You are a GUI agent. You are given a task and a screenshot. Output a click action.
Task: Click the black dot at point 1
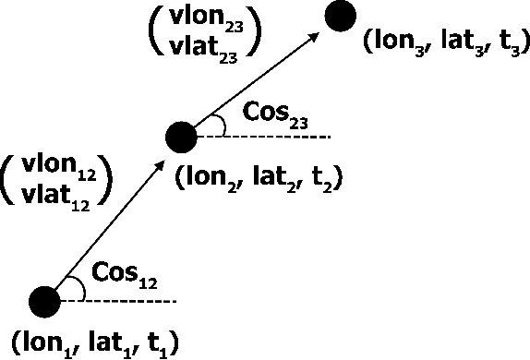tap(42, 301)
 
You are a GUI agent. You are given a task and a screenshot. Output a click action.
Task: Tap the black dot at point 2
tap(180, 138)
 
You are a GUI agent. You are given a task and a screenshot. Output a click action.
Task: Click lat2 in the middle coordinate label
tap(252, 179)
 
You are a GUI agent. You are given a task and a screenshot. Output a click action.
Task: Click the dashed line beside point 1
tap(120, 301)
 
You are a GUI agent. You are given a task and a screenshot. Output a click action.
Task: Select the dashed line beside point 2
tap(272, 137)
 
